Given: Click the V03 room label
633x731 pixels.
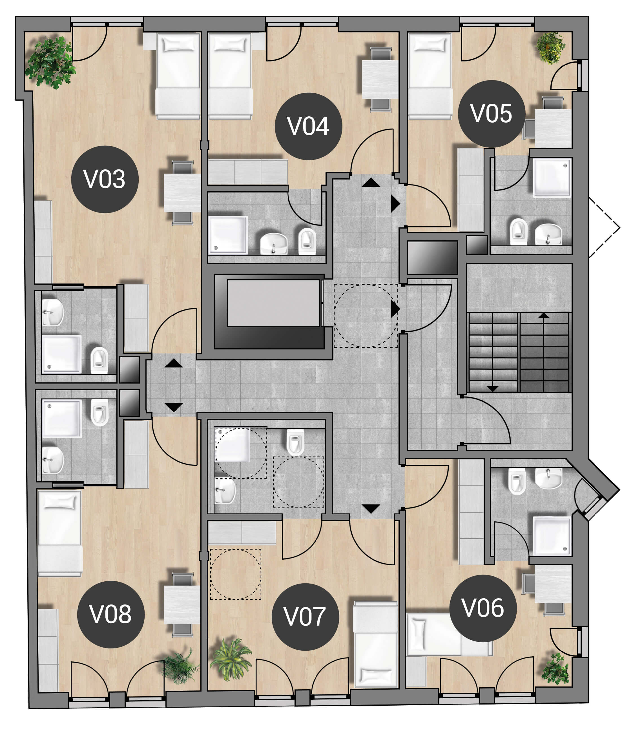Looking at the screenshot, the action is pyautogui.click(x=105, y=180).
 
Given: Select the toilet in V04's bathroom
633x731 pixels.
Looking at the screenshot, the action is pyautogui.click(x=307, y=241).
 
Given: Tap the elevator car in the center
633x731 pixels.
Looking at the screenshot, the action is pyautogui.click(x=273, y=303).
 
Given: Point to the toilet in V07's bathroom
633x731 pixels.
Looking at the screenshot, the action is pyautogui.click(x=295, y=442).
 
